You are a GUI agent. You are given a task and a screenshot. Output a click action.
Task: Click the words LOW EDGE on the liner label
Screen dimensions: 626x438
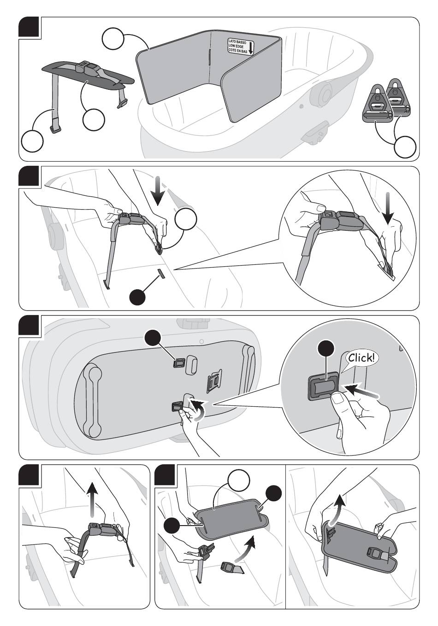(237, 46)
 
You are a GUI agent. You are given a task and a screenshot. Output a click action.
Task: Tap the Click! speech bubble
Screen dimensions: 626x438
(362, 358)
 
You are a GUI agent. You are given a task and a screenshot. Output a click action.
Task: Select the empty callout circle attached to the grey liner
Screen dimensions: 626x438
(113, 38)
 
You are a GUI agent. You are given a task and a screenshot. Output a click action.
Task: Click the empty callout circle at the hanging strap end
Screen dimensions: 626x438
(32, 140)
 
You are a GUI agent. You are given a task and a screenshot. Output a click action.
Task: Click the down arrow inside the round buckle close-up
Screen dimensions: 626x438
(388, 208)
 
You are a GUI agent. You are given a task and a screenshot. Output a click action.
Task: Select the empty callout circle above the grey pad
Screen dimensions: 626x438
(239, 481)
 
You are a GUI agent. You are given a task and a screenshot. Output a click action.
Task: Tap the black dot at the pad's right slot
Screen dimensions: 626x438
(274, 493)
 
